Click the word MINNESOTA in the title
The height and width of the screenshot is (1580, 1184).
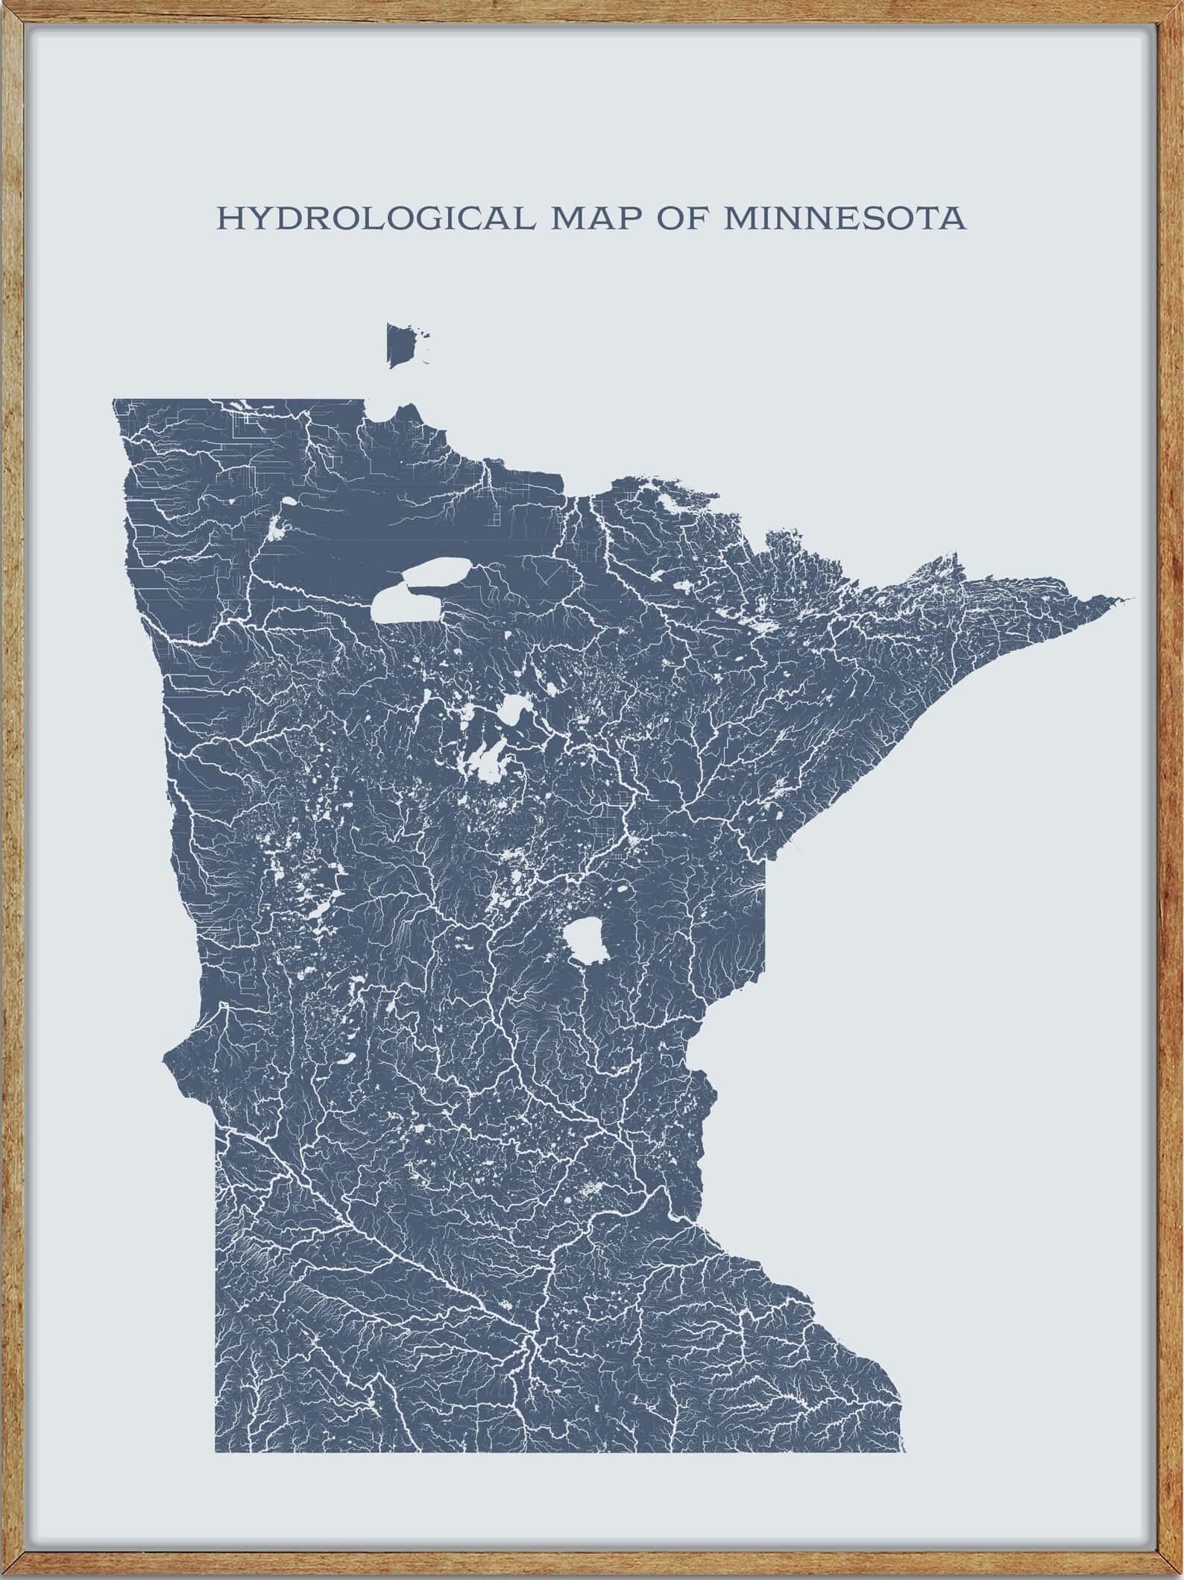pyautogui.click(x=844, y=219)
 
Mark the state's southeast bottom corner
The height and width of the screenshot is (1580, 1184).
pyautogui.click(x=903, y=1409)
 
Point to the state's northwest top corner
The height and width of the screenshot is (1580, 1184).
pyautogui.click(x=114, y=401)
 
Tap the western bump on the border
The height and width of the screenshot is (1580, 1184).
pyautogui.click(x=169, y=1059)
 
